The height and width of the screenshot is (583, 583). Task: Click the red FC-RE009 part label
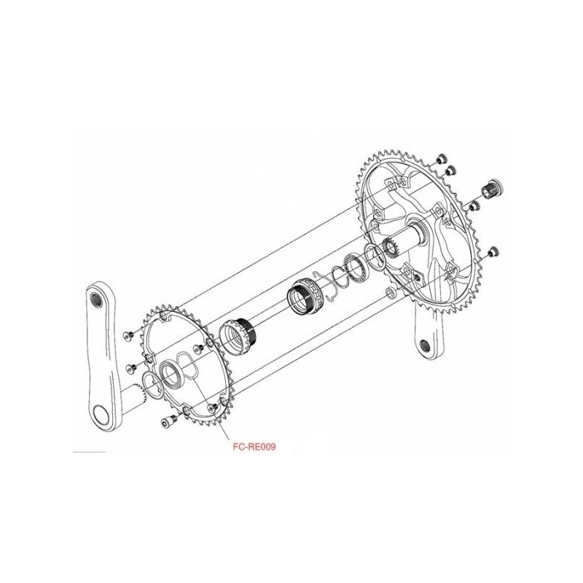click(x=254, y=447)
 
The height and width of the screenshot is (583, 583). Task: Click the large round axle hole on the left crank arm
click(x=101, y=415)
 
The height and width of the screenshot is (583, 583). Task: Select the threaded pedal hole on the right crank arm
click(x=426, y=346)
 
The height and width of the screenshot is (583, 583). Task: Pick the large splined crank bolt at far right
click(x=493, y=189)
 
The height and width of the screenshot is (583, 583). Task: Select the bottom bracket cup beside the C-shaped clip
click(x=303, y=297)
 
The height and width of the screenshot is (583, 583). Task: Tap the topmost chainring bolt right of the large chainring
click(x=441, y=158)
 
